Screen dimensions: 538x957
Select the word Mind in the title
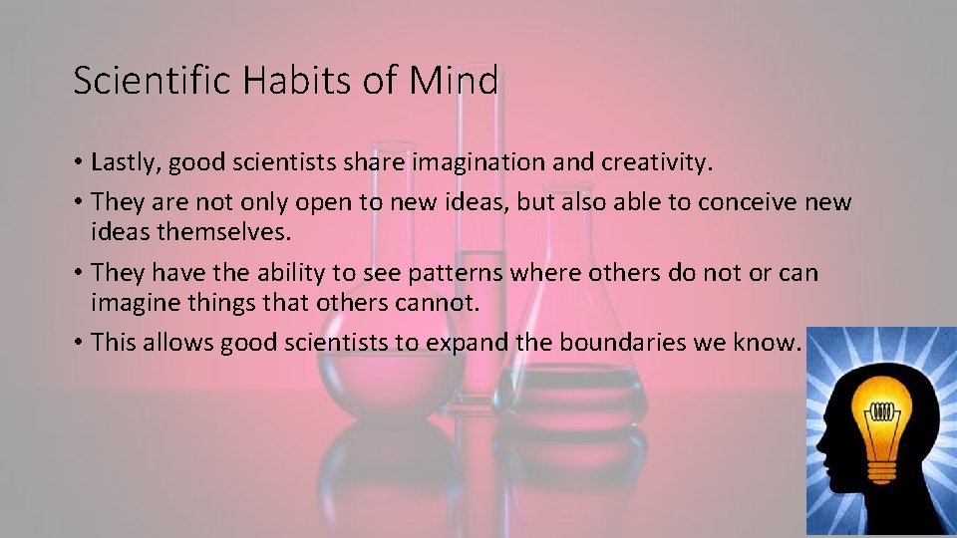click(x=453, y=81)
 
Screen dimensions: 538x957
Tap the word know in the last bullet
click(x=773, y=342)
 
